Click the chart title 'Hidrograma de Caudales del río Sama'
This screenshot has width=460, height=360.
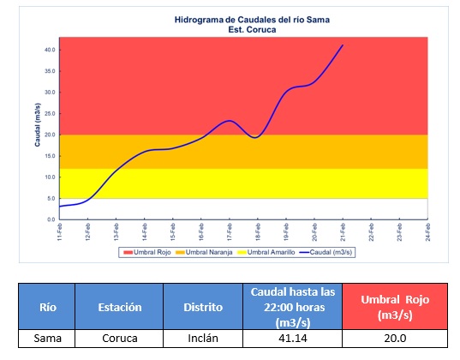[252, 20]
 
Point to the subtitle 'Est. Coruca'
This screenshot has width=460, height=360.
[252, 30]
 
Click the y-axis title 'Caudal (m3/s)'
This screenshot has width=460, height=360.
[37, 125]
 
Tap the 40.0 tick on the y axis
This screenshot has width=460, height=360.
[50, 50]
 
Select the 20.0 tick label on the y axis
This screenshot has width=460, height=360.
[50, 135]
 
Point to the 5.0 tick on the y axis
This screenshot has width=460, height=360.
[51, 199]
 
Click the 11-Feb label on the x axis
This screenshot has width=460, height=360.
[60, 232]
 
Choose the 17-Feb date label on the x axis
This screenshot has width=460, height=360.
[230, 232]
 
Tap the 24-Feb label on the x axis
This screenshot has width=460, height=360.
[427, 232]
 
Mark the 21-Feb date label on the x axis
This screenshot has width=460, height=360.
[343, 232]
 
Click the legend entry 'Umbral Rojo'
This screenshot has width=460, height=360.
[147, 252]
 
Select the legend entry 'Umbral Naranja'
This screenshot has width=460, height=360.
[204, 252]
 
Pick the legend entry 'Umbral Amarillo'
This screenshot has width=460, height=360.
[266, 252]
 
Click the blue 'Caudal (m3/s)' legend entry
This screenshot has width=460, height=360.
[326, 252]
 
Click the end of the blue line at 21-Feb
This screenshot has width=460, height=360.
[343, 45]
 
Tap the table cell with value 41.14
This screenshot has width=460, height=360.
[292, 339]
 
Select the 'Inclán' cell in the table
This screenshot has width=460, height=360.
[203, 339]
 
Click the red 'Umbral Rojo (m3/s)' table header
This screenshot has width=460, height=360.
[395, 307]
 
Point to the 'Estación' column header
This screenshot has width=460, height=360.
[119, 307]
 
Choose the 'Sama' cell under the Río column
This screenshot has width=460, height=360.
[47, 339]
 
